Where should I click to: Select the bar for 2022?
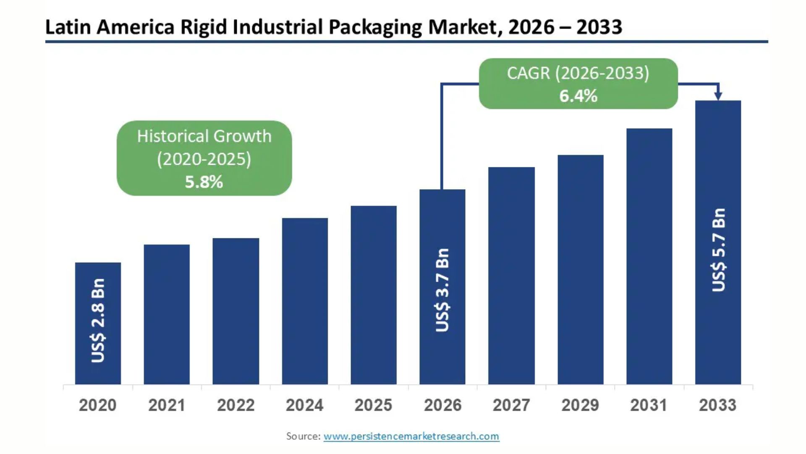(236, 311)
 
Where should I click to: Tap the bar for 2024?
(305, 301)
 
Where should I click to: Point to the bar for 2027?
(511, 276)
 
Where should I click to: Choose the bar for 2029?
(581, 269)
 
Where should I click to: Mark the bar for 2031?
(649, 256)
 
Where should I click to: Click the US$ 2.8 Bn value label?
(98, 320)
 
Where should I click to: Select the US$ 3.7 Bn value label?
(442, 290)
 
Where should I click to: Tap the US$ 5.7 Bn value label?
(718, 250)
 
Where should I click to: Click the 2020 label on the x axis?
(98, 405)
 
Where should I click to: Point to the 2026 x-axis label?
(442, 405)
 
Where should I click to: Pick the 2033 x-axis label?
(717, 405)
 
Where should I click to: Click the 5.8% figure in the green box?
(204, 182)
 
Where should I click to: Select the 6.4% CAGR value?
(578, 96)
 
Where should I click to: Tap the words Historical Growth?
(204, 136)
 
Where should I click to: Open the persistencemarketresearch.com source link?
(411, 436)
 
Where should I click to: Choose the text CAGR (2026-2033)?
(578, 73)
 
